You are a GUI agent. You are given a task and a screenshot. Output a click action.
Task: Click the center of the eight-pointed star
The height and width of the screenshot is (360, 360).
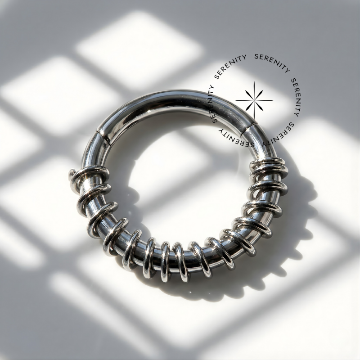coord(254,100)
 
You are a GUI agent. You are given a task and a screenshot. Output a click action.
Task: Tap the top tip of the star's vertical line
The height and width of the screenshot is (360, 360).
coord(254,81)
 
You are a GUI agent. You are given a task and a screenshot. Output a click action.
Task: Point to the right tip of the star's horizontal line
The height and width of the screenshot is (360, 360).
coord(273,100)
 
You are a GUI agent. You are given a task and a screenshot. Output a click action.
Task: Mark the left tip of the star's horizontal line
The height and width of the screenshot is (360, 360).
coord(236,100)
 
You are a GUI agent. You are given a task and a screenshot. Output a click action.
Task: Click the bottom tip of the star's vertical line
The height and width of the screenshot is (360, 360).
coord(254,119)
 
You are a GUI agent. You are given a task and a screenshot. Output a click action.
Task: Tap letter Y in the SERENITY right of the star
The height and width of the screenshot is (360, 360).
coord(296,114)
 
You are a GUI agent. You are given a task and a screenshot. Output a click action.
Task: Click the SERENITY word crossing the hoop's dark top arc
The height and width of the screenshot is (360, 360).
coord(213,105)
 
